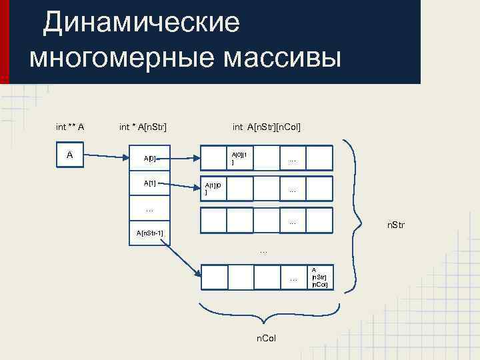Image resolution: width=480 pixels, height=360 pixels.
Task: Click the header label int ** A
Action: click(x=69, y=126)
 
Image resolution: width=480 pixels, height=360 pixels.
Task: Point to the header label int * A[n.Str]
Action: click(x=143, y=126)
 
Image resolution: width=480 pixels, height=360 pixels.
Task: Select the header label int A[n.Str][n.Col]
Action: click(x=267, y=126)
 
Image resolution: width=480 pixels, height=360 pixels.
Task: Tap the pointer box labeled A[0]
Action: click(x=149, y=159)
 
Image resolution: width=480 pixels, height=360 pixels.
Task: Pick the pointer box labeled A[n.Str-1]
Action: click(x=149, y=233)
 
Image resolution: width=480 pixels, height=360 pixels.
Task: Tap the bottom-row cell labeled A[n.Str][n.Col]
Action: click(x=319, y=277)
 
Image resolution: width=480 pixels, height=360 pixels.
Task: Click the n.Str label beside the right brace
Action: click(x=395, y=227)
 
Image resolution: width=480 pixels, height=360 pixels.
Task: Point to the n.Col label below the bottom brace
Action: click(x=267, y=339)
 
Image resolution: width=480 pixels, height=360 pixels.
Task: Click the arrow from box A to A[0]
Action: click(x=107, y=157)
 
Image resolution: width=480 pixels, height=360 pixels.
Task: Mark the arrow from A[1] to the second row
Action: click(x=185, y=185)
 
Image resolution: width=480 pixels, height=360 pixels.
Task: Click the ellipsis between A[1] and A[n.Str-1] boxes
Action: click(x=149, y=210)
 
